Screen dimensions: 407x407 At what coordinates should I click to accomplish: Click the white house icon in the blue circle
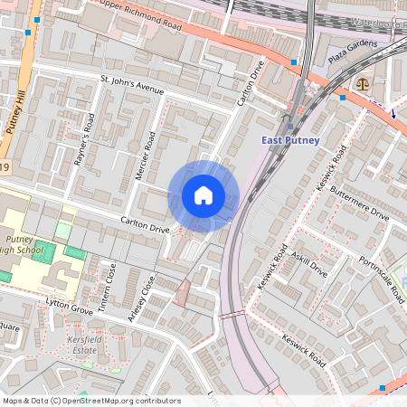[203, 195]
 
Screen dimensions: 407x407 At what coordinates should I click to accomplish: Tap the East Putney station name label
[291, 140]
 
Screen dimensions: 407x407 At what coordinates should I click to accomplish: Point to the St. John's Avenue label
[131, 89]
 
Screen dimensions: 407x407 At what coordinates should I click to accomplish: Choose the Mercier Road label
[145, 155]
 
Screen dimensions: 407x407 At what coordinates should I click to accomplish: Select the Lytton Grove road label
[71, 310]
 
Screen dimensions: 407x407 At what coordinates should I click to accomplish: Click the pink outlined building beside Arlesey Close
[182, 292]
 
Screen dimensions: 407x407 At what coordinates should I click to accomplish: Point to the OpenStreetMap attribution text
[90, 401]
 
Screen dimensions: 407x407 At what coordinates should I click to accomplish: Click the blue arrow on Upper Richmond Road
[393, 112]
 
